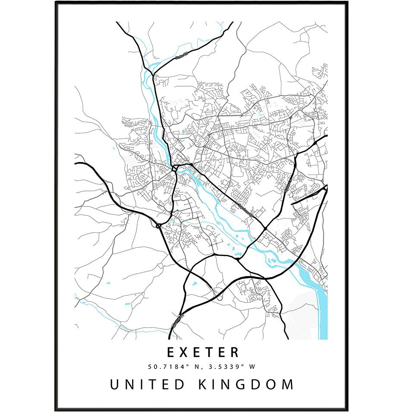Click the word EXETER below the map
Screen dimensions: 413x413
click(203, 352)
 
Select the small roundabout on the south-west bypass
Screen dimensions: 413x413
click(158, 225)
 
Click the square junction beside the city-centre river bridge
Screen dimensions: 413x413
click(174, 168)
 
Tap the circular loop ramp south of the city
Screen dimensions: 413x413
click(219, 296)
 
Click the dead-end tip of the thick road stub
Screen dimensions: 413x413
click(292, 203)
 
